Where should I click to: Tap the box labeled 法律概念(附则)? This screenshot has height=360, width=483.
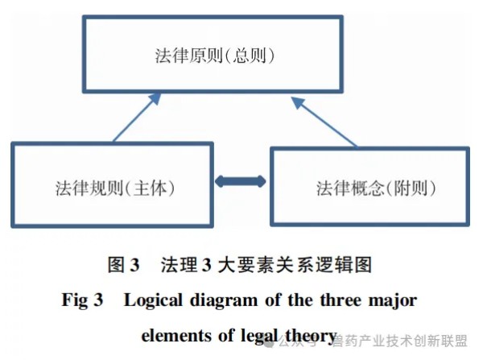pos(369,188)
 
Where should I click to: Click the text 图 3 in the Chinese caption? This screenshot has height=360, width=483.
pos(124,263)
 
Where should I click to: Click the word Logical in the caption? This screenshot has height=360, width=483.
pos(155,300)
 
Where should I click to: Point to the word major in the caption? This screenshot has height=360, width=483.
pos(394,300)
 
